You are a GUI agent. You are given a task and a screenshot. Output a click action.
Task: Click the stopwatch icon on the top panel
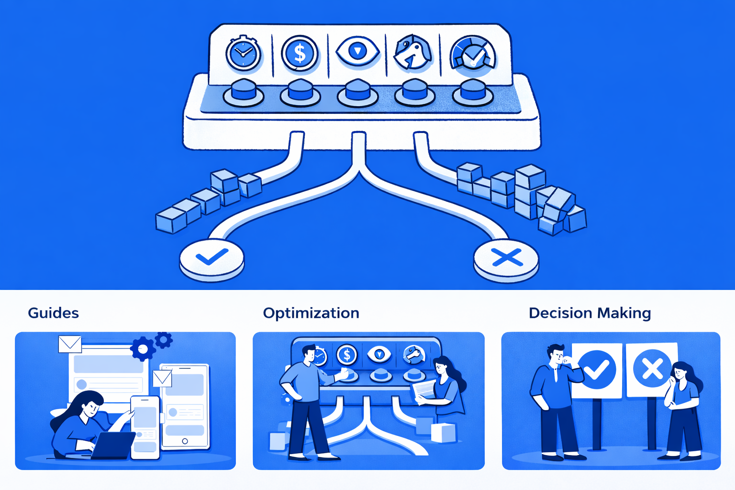(243, 54)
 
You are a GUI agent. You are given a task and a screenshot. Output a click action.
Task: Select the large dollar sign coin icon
(300, 53)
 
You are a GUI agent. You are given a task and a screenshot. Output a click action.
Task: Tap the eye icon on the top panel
(357, 51)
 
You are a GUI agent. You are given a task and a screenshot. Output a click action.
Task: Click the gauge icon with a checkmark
(473, 53)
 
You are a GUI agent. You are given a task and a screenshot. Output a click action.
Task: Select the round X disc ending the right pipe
(506, 258)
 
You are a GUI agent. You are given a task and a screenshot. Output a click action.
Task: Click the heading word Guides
(53, 313)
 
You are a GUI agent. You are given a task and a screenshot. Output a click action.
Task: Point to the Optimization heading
(311, 313)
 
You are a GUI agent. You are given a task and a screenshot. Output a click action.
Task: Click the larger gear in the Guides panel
(143, 349)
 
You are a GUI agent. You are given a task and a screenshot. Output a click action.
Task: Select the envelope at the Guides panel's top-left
(70, 344)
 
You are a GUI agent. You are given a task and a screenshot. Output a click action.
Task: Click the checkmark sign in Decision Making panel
(597, 369)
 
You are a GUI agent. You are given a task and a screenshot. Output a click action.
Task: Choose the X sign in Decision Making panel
(652, 369)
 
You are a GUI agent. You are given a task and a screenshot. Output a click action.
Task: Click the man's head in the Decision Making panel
(557, 355)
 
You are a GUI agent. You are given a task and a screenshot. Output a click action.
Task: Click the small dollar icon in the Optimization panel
(346, 355)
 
